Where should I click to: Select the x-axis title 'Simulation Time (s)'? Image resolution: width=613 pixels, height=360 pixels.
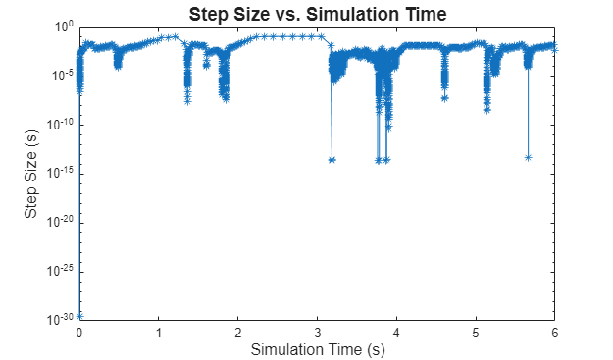tap(317, 349)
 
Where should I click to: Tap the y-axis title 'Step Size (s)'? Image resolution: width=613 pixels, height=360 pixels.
tap(31, 173)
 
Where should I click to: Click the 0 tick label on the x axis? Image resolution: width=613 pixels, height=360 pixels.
tap(79, 332)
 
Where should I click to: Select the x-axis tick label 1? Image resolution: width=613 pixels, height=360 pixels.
tap(159, 332)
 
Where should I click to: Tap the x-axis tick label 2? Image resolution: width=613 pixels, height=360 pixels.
tap(238, 332)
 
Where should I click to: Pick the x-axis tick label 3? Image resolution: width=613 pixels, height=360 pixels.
tap(318, 332)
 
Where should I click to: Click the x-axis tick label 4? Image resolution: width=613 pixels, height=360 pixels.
tap(396, 332)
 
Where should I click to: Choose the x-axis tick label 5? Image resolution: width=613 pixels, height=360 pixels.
tap(476, 332)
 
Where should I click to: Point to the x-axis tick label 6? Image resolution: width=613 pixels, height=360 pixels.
tap(555, 332)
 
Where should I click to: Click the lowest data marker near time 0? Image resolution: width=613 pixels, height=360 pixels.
tap(80, 315)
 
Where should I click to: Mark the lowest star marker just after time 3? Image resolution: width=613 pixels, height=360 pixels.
tap(332, 159)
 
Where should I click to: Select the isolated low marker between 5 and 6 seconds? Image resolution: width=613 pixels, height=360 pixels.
tap(528, 157)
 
